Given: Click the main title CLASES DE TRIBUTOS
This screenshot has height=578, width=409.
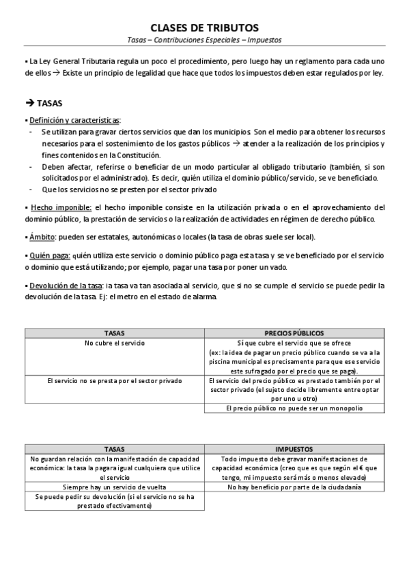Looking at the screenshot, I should [204, 28].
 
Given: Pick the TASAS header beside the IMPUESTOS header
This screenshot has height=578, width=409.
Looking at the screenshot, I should [114, 449].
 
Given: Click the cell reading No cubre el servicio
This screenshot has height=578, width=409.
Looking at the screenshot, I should [114, 342].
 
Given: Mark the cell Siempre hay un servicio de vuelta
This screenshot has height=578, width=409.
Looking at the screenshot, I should [114, 487].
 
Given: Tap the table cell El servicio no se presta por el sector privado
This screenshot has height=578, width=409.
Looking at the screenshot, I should [114, 380].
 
